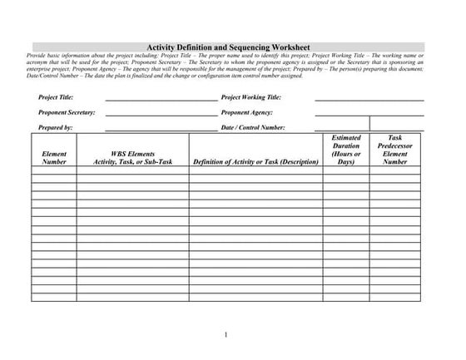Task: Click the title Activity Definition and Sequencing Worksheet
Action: pyautogui.click(x=228, y=47)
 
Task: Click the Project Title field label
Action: pyautogui.click(x=56, y=98)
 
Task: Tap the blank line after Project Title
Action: pyautogui.click(x=161, y=99)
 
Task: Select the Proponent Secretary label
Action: pyautogui.click(x=67, y=112)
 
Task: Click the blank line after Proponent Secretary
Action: pyautogui.click(x=161, y=113)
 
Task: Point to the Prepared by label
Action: pyautogui.click(x=56, y=128)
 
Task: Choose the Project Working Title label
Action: pyautogui.click(x=257, y=98)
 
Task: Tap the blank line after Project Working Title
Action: pyautogui.click(x=369, y=99)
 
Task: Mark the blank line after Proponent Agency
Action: pyautogui.click(x=369, y=113)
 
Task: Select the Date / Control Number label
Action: pyautogui.click(x=254, y=128)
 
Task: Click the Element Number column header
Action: pyautogui.click(x=54, y=157)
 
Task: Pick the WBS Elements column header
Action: pyautogui.click(x=133, y=157)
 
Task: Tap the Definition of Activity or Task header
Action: pyautogui.click(x=256, y=161)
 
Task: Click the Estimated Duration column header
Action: pyautogui.click(x=345, y=150)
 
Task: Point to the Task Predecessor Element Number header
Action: pyautogui.click(x=394, y=150)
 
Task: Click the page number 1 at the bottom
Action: pyautogui.click(x=226, y=335)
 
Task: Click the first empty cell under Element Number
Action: pyautogui.click(x=54, y=170)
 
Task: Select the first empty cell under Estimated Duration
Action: pyautogui.click(x=345, y=170)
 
